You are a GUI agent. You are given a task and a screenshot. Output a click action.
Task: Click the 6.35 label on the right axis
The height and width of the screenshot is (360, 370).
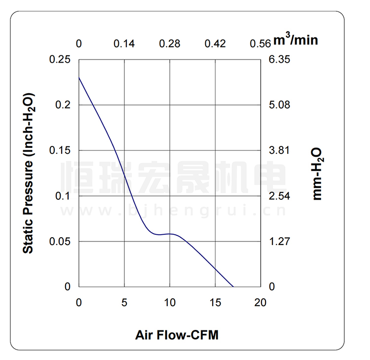(279, 60)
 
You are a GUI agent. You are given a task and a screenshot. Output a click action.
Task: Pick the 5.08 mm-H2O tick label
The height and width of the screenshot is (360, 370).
(279, 105)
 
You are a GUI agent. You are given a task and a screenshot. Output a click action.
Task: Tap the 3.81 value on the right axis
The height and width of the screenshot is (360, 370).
(279, 150)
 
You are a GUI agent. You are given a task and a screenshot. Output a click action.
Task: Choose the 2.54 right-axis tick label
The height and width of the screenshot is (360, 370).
(279, 196)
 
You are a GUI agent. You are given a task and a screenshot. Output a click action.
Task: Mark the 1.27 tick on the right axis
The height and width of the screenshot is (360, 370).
(279, 242)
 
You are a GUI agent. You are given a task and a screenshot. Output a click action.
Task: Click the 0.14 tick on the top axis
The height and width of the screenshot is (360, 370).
(124, 43)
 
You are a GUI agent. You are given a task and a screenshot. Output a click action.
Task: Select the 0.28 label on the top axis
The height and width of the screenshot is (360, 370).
(169, 43)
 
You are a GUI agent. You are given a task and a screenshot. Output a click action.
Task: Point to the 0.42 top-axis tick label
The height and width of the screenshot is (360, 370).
(215, 43)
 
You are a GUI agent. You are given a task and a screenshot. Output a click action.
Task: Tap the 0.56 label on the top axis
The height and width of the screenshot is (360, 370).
(260, 43)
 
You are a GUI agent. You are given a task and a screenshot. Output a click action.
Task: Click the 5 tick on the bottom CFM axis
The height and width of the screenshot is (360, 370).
(124, 302)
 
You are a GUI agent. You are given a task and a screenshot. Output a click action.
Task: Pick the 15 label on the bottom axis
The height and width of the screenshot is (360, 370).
(215, 302)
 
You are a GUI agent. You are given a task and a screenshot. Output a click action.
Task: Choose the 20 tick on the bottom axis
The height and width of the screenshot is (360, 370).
(260, 302)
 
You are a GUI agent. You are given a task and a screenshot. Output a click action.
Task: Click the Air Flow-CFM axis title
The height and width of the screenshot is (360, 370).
(177, 335)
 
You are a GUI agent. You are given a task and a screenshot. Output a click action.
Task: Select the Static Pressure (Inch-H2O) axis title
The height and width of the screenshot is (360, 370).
(29, 173)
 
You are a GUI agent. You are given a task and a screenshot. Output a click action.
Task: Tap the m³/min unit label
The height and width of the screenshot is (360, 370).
(296, 39)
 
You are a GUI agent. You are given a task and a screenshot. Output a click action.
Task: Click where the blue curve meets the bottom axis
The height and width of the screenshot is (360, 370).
(233, 287)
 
